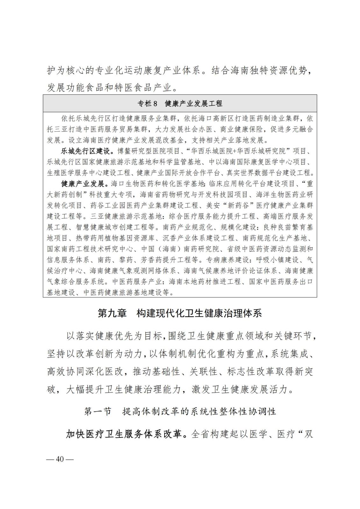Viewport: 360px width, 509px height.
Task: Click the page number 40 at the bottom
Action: point(60,460)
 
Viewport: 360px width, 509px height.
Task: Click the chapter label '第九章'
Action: point(112,313)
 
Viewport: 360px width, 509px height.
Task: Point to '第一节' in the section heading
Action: point(98,411)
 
